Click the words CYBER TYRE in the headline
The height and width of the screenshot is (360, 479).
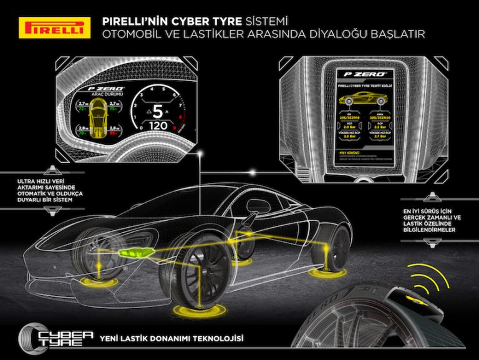190,21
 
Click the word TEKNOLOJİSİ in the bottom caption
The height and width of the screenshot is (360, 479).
213,339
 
